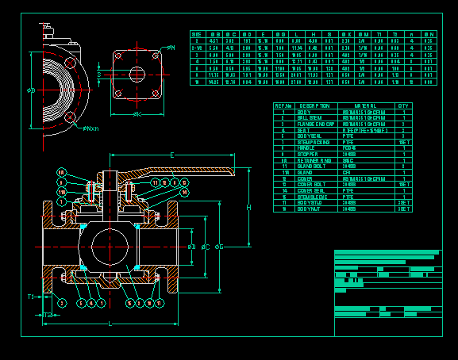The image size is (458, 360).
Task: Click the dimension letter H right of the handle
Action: (248, 208)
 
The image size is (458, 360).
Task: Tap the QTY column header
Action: (403, 105)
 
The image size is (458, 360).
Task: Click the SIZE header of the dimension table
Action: (196, 35)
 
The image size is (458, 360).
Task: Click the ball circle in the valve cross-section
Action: (110, 247)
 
